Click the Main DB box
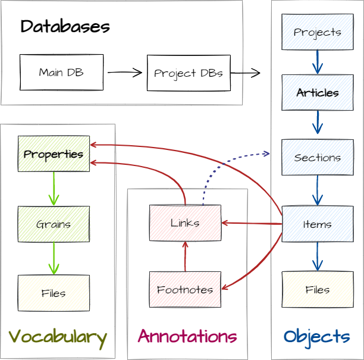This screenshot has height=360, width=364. pyautogui.click(x=61, y=73)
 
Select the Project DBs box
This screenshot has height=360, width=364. pyautogui.click(x=189, y=73)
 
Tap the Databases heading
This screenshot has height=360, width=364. pyautogui.click(x=65, y=27)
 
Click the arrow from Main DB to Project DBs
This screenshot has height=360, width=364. pyautogui.click(x=125, y=73)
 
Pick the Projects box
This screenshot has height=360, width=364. pyautogui.click(x=317, y=32)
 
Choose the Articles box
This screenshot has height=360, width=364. pyautogui.click(x=317, y=93)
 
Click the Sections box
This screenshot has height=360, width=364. pyautogui.click(x=317, y=158)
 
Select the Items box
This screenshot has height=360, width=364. pyautogui.click(x=317, y=224)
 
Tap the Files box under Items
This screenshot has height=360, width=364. pyautogui.click(x=317, y=289)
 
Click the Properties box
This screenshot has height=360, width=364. pyautogui.click(x=54, y=154)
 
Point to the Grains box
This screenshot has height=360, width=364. pyautogui.click(x=54, y=224)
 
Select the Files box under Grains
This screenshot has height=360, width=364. pyautogui.click(x=54, y=293)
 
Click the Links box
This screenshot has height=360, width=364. pyautogui.click(x=185, y=223)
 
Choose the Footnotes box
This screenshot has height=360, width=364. pyautogui.click(x=185, y=289)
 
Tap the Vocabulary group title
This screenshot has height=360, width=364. pyautogui.click(x=57, y=337)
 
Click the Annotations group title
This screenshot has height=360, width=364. pyautogui.click(x=187, y=337)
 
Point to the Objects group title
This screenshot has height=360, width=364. pyautogui.click(x=316, y=337)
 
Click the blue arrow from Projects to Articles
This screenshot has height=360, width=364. pyautogui.click(x=317, y=62)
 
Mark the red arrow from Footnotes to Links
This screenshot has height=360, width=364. pyautogui.click(x=185, y=256)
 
